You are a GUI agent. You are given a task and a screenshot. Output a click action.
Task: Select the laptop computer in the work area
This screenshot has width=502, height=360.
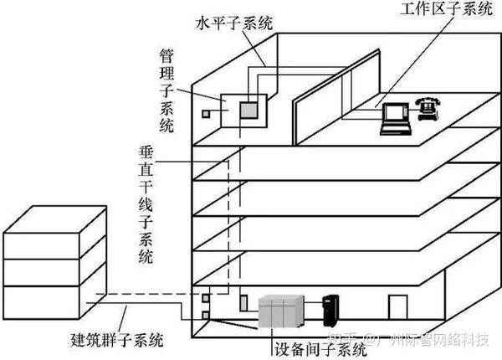[x=396, y=118]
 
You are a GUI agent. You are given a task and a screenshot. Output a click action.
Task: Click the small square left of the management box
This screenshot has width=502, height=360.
[x=205, y=113]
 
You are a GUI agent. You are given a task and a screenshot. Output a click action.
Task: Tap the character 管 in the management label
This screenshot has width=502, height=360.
[x=167, y=56]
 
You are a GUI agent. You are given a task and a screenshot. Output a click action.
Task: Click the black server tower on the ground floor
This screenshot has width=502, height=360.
[x=332, y=311]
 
